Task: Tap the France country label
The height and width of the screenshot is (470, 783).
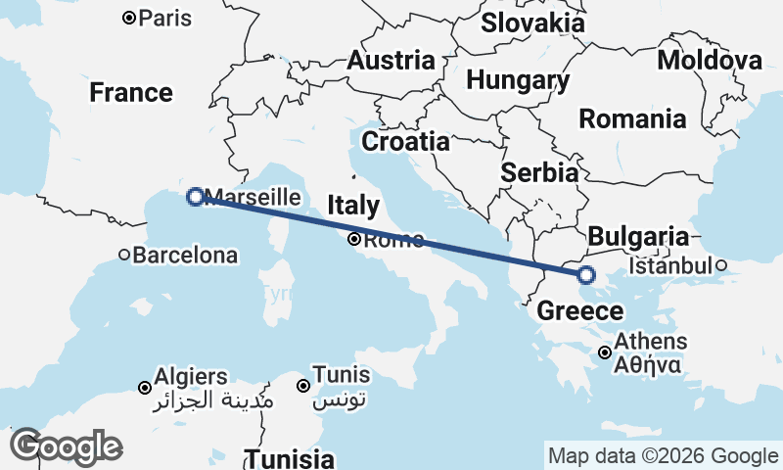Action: click(x=131, y=93)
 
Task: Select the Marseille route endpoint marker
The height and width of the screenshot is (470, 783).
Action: click(x=195, y=197)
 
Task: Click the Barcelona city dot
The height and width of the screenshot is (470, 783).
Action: click(x=124, y=256)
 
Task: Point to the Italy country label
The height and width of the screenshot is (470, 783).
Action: click(x=352, y=206)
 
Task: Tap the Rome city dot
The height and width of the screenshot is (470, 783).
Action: click(x=354, y=239)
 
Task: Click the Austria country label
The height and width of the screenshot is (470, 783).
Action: click(x=391, y=61)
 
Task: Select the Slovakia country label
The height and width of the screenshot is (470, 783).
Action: click(x=533, y=23)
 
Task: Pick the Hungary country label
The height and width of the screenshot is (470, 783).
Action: click(x=518, y=80)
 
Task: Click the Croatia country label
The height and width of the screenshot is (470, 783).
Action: click(x=405, y=142)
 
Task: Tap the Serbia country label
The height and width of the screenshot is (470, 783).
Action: click(x=538, y=173)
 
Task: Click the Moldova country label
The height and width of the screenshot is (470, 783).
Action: click(x=710, y=61)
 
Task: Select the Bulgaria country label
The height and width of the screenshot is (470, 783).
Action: click(x=638, y=236)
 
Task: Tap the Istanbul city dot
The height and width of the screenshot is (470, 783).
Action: click(x=720, y=265)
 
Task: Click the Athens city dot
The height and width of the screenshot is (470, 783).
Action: click(x=606, y=352)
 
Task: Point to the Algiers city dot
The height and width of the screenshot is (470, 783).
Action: click(x=145, y=388)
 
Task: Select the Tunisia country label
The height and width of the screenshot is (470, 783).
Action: click(x=289, y=458)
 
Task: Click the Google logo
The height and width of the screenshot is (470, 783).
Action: click(x=66, y=446)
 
